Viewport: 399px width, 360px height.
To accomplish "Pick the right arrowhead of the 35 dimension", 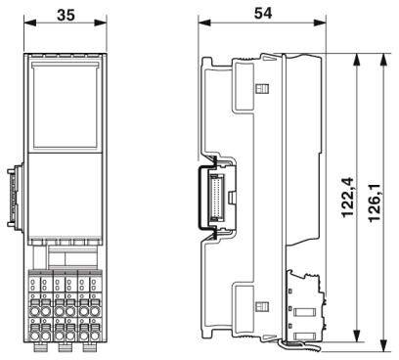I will (x=100, y=26).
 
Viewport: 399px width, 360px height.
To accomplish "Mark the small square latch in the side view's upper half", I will (x=261, y=90).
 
